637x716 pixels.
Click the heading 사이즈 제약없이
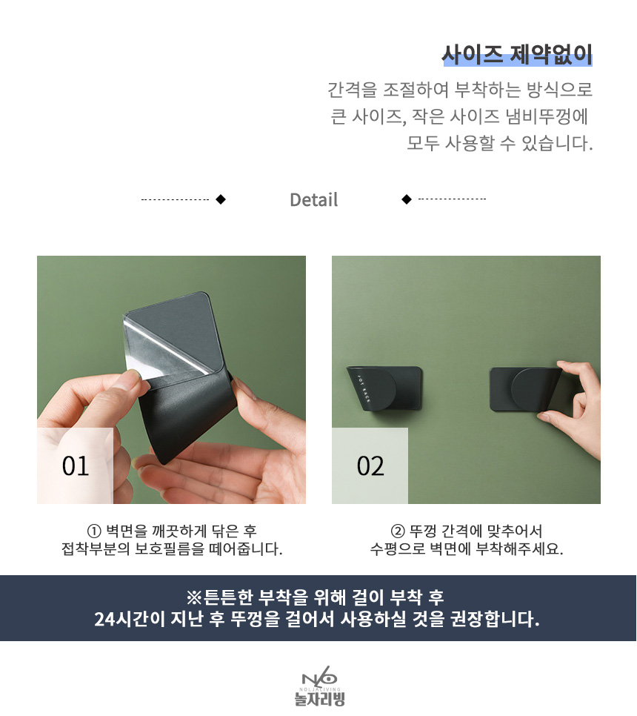pyautogui.click(x=518, y=55)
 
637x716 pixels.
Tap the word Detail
pyautogui.click(x=314, y=199)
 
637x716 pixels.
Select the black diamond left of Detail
pyautogui.click(x=221, y=199)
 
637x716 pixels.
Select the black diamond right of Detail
pyautogui.click(x=407, y=199)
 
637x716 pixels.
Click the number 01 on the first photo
pyautogui.click(x=76, y=466)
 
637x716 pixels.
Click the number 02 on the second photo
pyautogui.click(x=370, y=466)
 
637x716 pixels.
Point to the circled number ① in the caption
pyautogui.click(x=94, y=531)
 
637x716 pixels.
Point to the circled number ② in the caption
pyautogui.click(x=398, y=531)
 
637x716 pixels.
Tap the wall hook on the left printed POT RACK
pyautogui.click(x=384, y=387)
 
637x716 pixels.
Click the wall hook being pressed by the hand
pyautogui.click(x=524, y=389)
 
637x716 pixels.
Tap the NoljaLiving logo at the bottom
pyautogui.click(x=319, y=689)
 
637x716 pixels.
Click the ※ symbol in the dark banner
pyautogui.click(x=194, y=597)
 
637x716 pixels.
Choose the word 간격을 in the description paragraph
pyautogui.click(x=353, y=90)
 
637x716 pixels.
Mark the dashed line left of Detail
pyautogui.click(x=176, y=199)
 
